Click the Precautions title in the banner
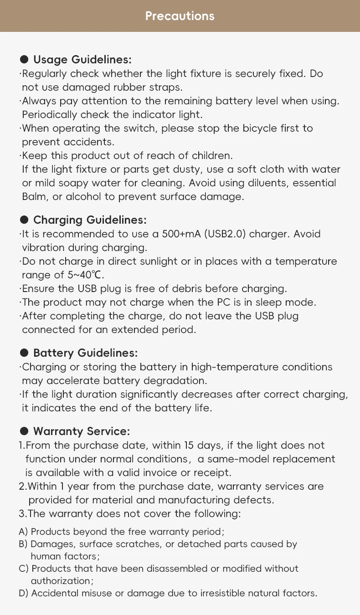[180, 16]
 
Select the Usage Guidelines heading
[82, 60]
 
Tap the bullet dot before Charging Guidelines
[24, 220]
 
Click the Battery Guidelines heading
[85, 353]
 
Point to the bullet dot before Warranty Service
[24, 431]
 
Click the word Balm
[33, 197]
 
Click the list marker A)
[23, 532]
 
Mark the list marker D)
[24, 593]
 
